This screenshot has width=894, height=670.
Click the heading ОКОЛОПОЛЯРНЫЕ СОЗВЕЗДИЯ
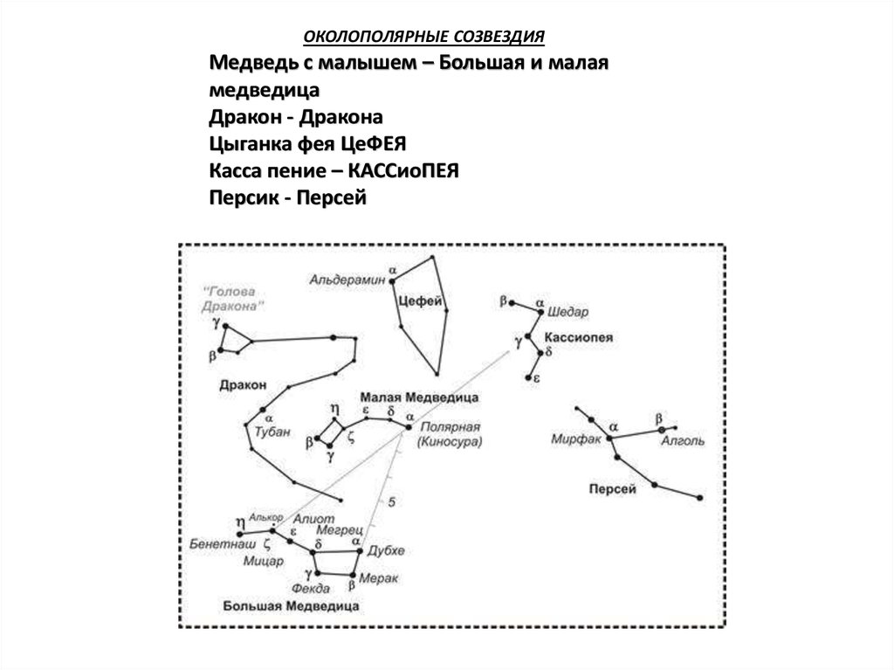tap(423, 37)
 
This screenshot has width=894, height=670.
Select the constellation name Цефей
tap(416, 300)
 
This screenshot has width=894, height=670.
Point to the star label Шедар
tap(568, 312)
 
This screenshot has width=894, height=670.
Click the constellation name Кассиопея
tap(579, 337)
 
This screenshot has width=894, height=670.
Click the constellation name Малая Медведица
tap(418, 397)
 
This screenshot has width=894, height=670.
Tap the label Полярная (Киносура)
tap(450, 435)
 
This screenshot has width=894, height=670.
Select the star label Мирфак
tap(576, 439)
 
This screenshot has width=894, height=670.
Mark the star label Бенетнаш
tap(213, 542)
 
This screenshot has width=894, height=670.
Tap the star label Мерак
tap(381, 578)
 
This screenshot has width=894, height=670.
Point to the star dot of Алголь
tap(662, 430)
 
